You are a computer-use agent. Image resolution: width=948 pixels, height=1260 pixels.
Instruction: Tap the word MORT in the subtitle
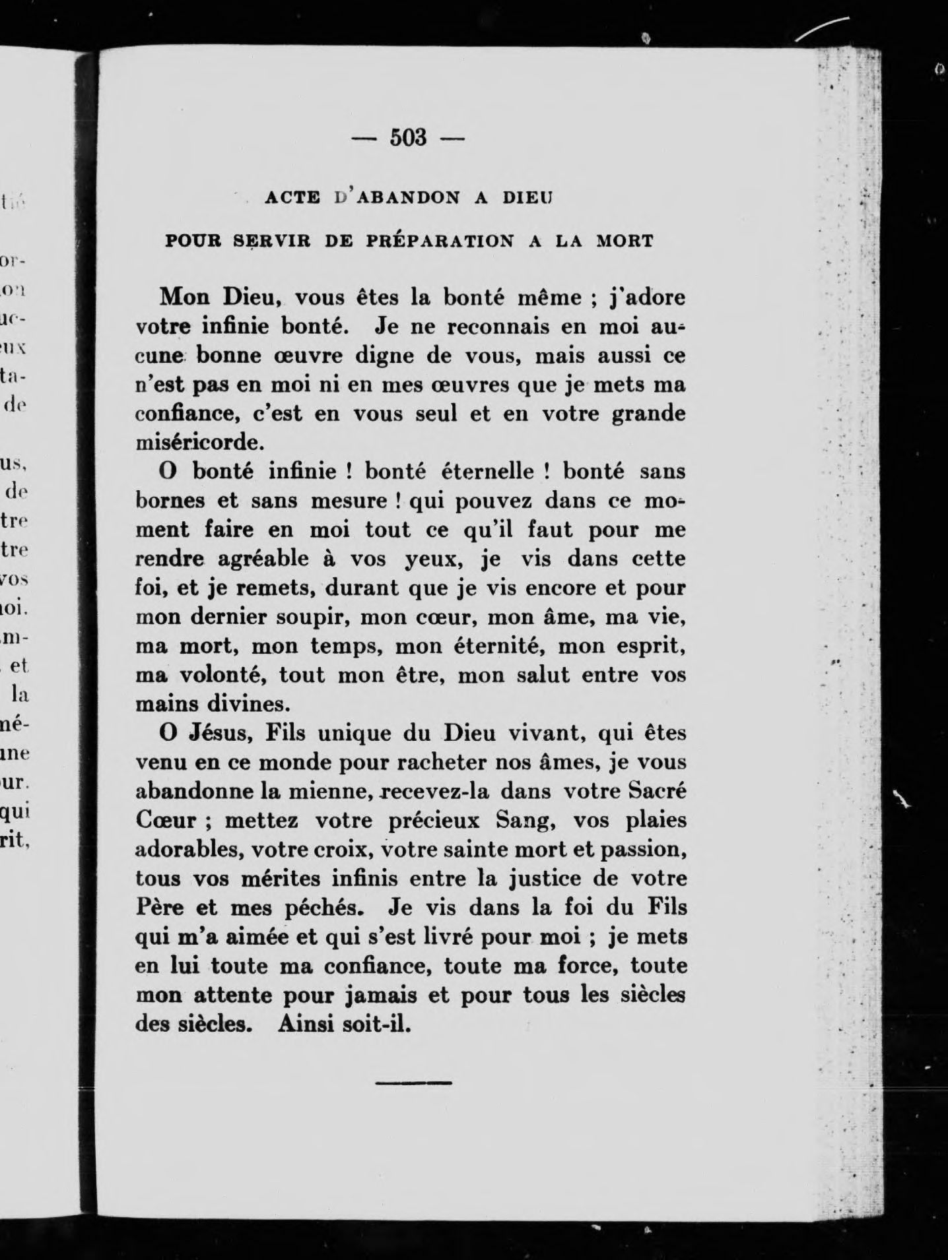(625, 241)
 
